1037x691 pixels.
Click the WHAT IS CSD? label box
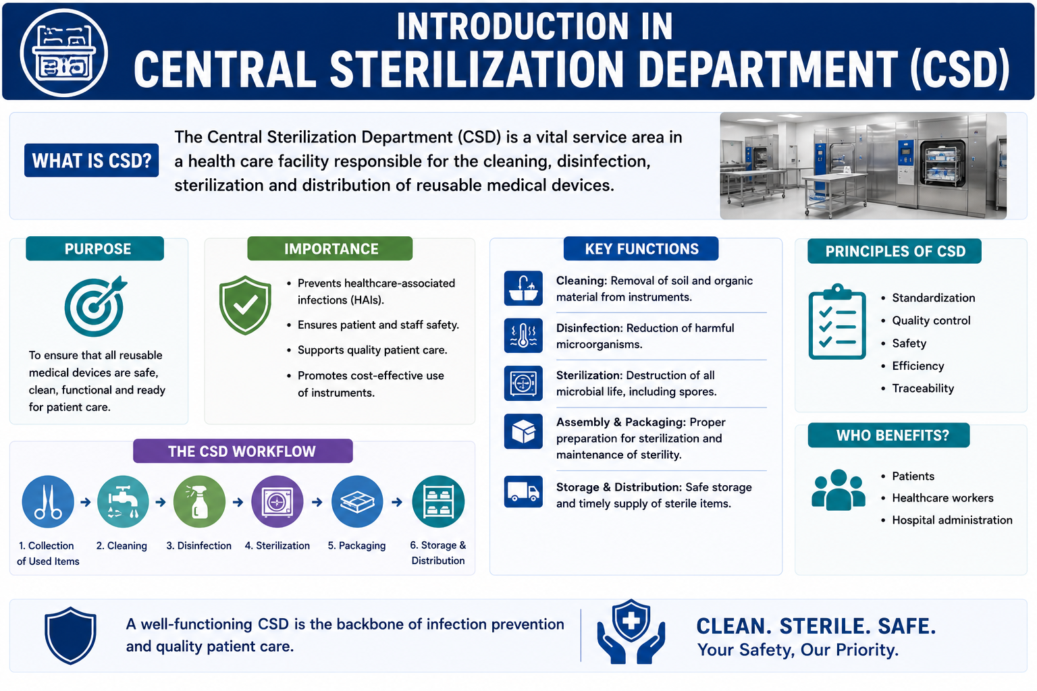point(91,160)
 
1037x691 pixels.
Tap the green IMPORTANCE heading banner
point(329,248)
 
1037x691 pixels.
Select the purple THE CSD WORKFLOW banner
point(242,451)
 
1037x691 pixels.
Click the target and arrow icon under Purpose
point(96,306)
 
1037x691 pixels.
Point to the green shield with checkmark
point(245,305)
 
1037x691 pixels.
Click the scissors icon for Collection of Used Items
point(48,501)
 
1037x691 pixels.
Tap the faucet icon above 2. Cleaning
point(123,501)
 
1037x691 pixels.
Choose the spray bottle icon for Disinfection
point(199,501)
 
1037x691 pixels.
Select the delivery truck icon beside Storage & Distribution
point(523,491)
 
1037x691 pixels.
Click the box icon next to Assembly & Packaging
point(523,431)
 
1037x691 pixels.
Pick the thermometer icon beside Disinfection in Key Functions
point(523,335)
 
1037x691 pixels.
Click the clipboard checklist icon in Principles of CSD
point(837,322)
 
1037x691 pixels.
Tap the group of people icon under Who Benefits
point(839,490)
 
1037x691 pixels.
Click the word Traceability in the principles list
point(923,388)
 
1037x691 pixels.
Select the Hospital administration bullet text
point(952,520)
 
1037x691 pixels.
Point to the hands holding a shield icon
point(631,632)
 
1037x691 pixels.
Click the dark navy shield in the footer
point(70,636)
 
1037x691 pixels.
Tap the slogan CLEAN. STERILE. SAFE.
point(816,626)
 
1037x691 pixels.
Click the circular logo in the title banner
point(64,53)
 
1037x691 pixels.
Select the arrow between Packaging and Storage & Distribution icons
point(397,502)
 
